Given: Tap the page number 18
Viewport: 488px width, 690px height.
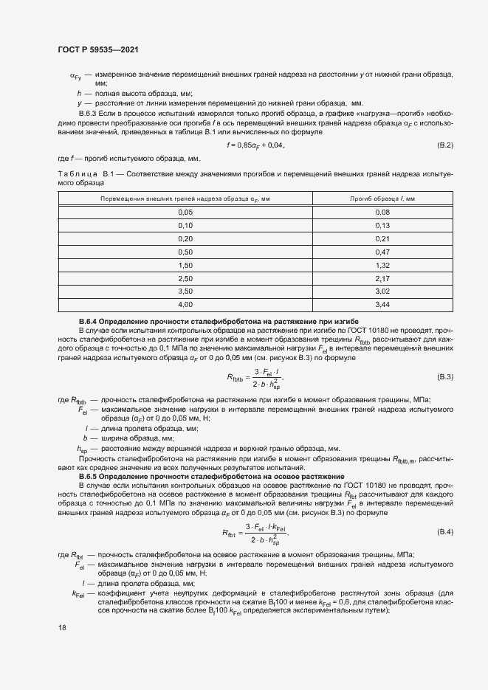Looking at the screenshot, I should pos(62,628).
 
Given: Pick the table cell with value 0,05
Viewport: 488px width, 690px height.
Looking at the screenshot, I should pos(185,212).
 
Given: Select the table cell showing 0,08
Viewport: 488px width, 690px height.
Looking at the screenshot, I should pos(382,212).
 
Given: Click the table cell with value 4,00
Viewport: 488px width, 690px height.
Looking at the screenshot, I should pos(185,303).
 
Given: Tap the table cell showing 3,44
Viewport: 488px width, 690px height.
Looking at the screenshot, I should pos(382,303).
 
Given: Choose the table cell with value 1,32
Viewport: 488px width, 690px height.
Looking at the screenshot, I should pos(382,264).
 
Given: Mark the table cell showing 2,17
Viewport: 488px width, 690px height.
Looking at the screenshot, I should pos(382,277).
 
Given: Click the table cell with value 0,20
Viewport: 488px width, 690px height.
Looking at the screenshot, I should pos(185,238).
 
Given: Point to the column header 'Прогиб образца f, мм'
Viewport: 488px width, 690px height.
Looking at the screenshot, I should pos(382,199).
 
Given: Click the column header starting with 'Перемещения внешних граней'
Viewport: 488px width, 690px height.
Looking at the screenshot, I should pos(185,199).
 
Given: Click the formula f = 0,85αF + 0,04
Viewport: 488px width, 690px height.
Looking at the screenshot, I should pos(255,145).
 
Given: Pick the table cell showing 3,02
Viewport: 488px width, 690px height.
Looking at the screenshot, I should pos(382,291).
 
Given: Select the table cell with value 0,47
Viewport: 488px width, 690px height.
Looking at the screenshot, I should pos(382,252).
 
